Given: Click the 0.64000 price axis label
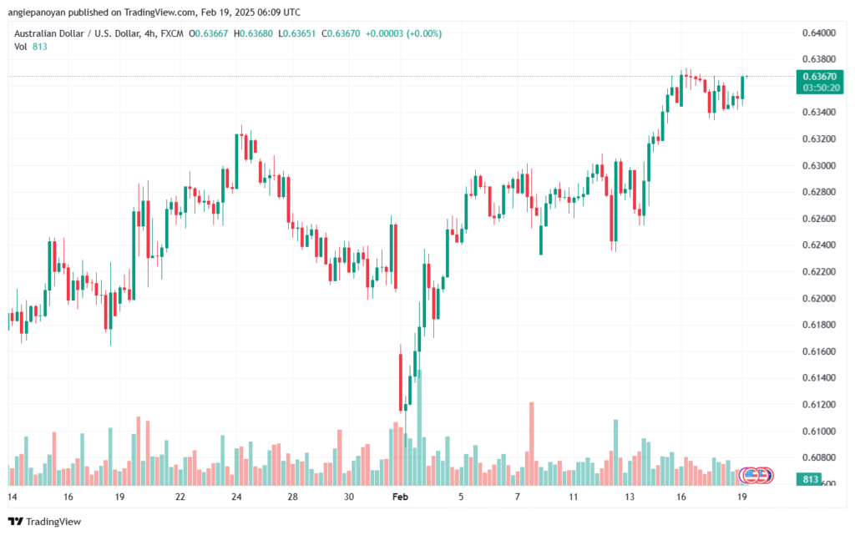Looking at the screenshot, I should tap(817, 33).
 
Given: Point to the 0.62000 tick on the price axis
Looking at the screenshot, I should tap(817, 298).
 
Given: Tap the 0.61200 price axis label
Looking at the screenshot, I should tap(817, 405).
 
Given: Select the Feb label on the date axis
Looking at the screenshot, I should tap(398, 497).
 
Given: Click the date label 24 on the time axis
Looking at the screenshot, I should tap(237, 497).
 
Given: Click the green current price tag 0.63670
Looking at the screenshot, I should tap(820, 76).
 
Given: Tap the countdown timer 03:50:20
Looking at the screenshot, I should tap(820, 87).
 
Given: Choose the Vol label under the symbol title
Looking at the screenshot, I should tap(21, 47).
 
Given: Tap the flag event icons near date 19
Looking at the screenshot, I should tap(758, 475).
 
